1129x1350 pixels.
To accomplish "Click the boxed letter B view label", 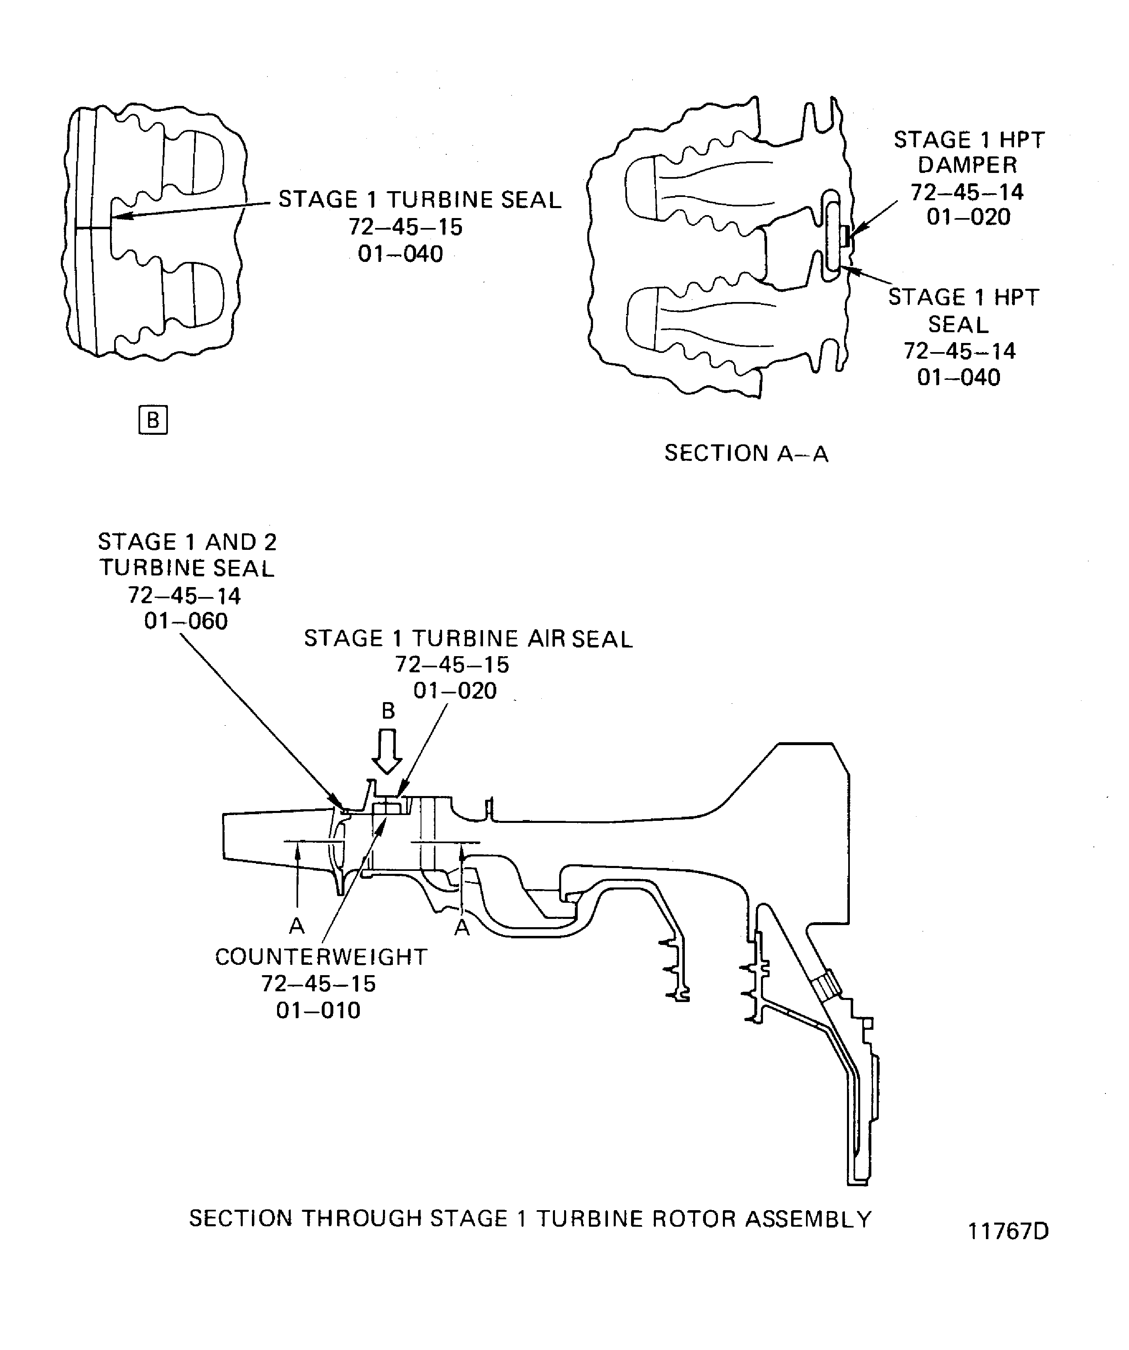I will coord(153,420).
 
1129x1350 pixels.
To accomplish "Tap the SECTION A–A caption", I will coord(746,453).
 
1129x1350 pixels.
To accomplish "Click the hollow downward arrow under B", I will coord(387,751).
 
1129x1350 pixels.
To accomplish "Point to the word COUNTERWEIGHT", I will coord(321,957).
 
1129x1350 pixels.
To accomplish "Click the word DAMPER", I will coord(967,165).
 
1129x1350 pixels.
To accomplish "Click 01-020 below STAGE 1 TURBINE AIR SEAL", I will coord(455,691).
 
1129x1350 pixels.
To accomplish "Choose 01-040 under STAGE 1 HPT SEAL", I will coord(959,377).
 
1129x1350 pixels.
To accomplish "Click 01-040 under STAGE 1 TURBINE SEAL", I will coord(400,254).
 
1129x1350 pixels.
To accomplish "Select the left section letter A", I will coord(296,925).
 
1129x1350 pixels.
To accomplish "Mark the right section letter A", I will coord(462,927).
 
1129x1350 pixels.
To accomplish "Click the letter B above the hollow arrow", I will coord(388,710).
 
